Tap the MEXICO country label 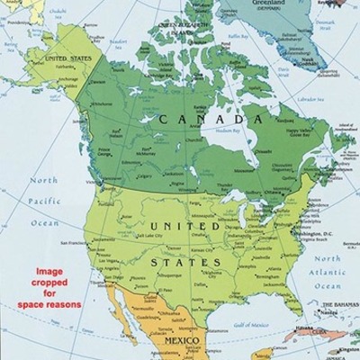point(180,342)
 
